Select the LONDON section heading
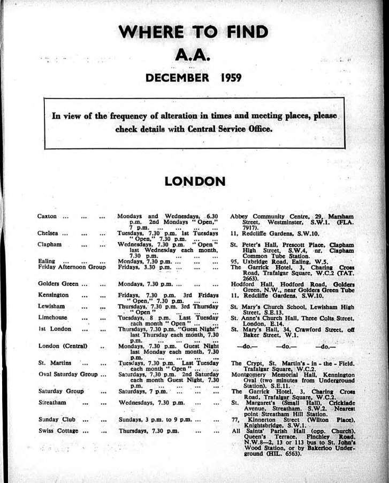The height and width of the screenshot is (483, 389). tap(194, 183)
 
